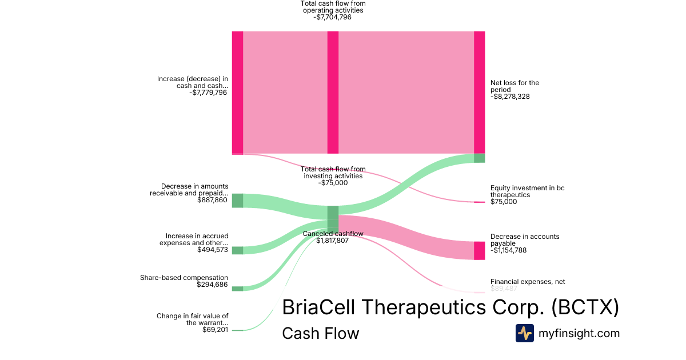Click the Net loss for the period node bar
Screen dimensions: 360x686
479,92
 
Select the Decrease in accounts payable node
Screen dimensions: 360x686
479,250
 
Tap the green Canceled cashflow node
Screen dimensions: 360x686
333,217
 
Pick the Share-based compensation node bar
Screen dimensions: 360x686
237,289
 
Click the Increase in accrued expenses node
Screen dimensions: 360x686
237,250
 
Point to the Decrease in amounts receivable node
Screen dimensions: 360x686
237,201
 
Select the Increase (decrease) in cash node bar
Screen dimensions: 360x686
237,93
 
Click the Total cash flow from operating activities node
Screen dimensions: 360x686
333,93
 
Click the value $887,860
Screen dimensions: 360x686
212,200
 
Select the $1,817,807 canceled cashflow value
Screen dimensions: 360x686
332,241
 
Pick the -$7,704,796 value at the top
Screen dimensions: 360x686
332,17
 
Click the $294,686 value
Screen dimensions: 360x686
212,285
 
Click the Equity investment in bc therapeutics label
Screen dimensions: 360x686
527,191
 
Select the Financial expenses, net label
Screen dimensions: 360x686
527,282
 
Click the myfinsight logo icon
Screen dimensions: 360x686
524,333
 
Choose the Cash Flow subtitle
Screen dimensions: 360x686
320,334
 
